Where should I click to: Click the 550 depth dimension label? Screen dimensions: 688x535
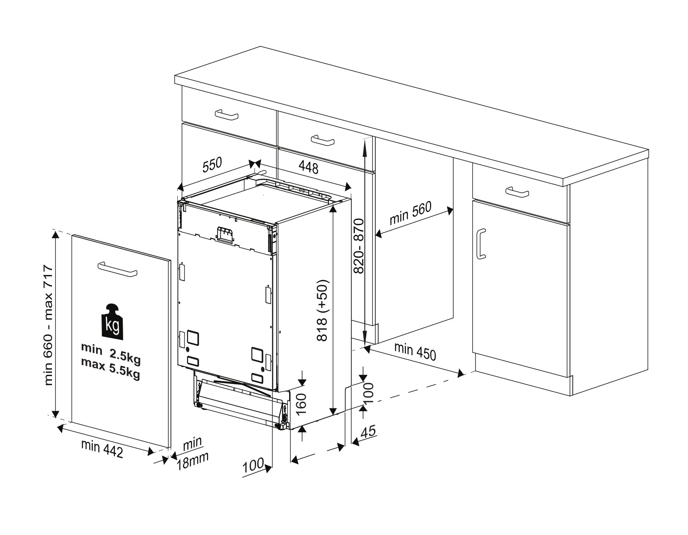212,165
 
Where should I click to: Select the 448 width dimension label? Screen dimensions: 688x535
308,168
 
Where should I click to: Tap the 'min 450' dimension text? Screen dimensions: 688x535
415,351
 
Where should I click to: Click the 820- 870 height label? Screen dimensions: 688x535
358,246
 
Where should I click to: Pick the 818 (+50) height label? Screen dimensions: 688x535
322,311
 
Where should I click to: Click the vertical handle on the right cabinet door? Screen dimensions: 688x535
481,244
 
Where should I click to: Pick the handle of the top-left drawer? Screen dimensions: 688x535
227,114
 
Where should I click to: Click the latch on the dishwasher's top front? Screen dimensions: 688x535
225,235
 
